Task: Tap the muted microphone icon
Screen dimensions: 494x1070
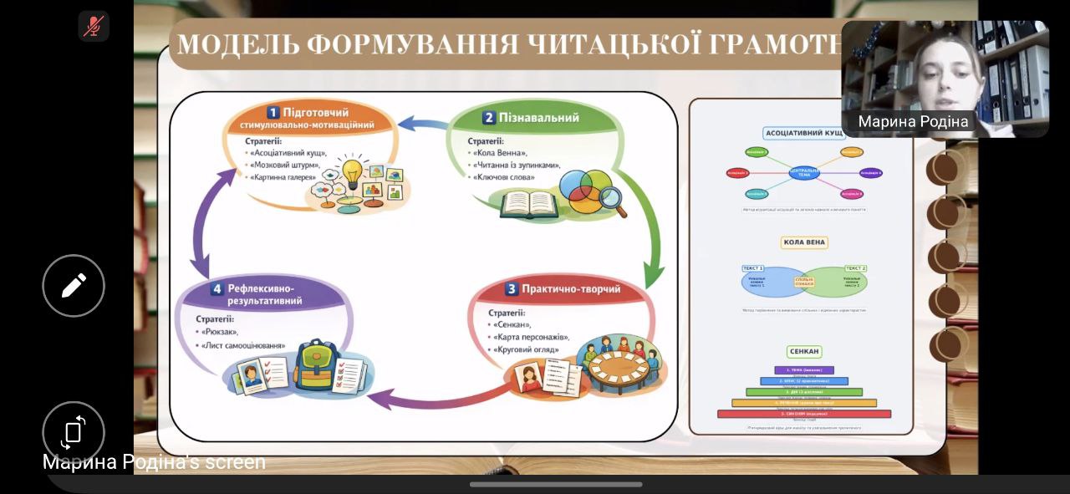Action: (x=94, y=26)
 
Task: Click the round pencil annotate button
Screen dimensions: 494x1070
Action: (x=74, y=286)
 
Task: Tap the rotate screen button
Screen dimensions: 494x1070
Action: (x=74, y=431)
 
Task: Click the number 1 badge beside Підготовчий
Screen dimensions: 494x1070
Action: (x=273, y=112)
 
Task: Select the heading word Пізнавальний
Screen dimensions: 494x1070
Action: (x=539, y=118)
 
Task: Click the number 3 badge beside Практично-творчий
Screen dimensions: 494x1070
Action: (x=512, y=289)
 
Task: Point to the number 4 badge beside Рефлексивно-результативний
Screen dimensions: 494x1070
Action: (x=217, y=289)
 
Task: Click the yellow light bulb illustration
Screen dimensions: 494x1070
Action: (x=352, y=173)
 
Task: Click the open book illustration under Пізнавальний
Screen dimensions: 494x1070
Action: (x=528, y=203)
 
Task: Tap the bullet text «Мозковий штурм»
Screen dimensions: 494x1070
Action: (x=286, y=165)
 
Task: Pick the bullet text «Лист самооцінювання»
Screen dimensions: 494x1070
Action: (x=243, y=345)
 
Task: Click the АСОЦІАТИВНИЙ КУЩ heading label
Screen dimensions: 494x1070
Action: (x=803, y=133)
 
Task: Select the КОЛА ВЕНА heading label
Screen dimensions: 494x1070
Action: (x=803, y=242)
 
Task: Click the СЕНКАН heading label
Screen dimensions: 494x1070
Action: (x=803, y=351)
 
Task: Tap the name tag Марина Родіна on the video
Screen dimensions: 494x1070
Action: (x=913, y=122)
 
